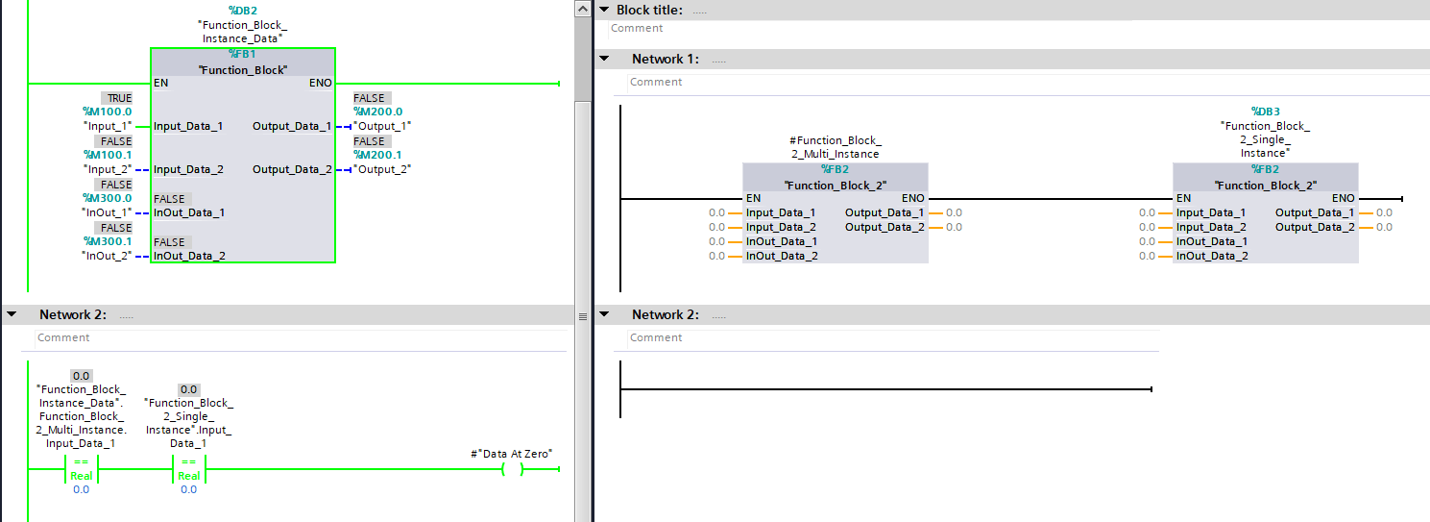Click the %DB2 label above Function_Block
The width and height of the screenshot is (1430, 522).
pyautogui.click(x=241, y=10)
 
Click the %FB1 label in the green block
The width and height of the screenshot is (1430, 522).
pyautogui.click(x=242, y=55)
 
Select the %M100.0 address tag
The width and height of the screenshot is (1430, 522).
pyautogui.click(x=108, y=112)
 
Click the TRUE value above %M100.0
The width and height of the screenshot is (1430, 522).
pyautogui.click(x=119, y=98)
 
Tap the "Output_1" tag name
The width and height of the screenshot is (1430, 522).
pyautogui.click(x=382, y=126)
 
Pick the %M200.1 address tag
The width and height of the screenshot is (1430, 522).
pyautogui.click(x=378, y=155)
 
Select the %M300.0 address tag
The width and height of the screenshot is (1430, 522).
pyautogui.click(x=108, y=198)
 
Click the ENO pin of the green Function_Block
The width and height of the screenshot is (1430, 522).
pyautogui.click(x=321, y=83)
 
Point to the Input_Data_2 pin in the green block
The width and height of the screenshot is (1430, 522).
pyautogui.click(x=188, y=169)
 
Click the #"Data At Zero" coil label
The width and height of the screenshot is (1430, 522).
pyautogui.click(x=513, y=454)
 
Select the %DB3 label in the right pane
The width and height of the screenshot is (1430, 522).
pyautogui.click(x=1265, y=112)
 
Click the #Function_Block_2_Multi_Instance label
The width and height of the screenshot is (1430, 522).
pyautogui.click(x=835, y=147)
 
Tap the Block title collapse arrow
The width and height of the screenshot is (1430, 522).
pyautogui.click(x=604, y=10)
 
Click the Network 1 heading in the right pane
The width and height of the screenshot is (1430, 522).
pyautogui.click(x=666, y=60)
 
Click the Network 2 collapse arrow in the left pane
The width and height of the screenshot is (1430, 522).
pyautogui.click(x=12, y=315)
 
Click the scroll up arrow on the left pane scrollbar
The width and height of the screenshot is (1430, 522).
pyautogui.click(x=582, y=9)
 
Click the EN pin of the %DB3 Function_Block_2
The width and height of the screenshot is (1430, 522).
pyautogui.click(x=1183, y=198)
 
